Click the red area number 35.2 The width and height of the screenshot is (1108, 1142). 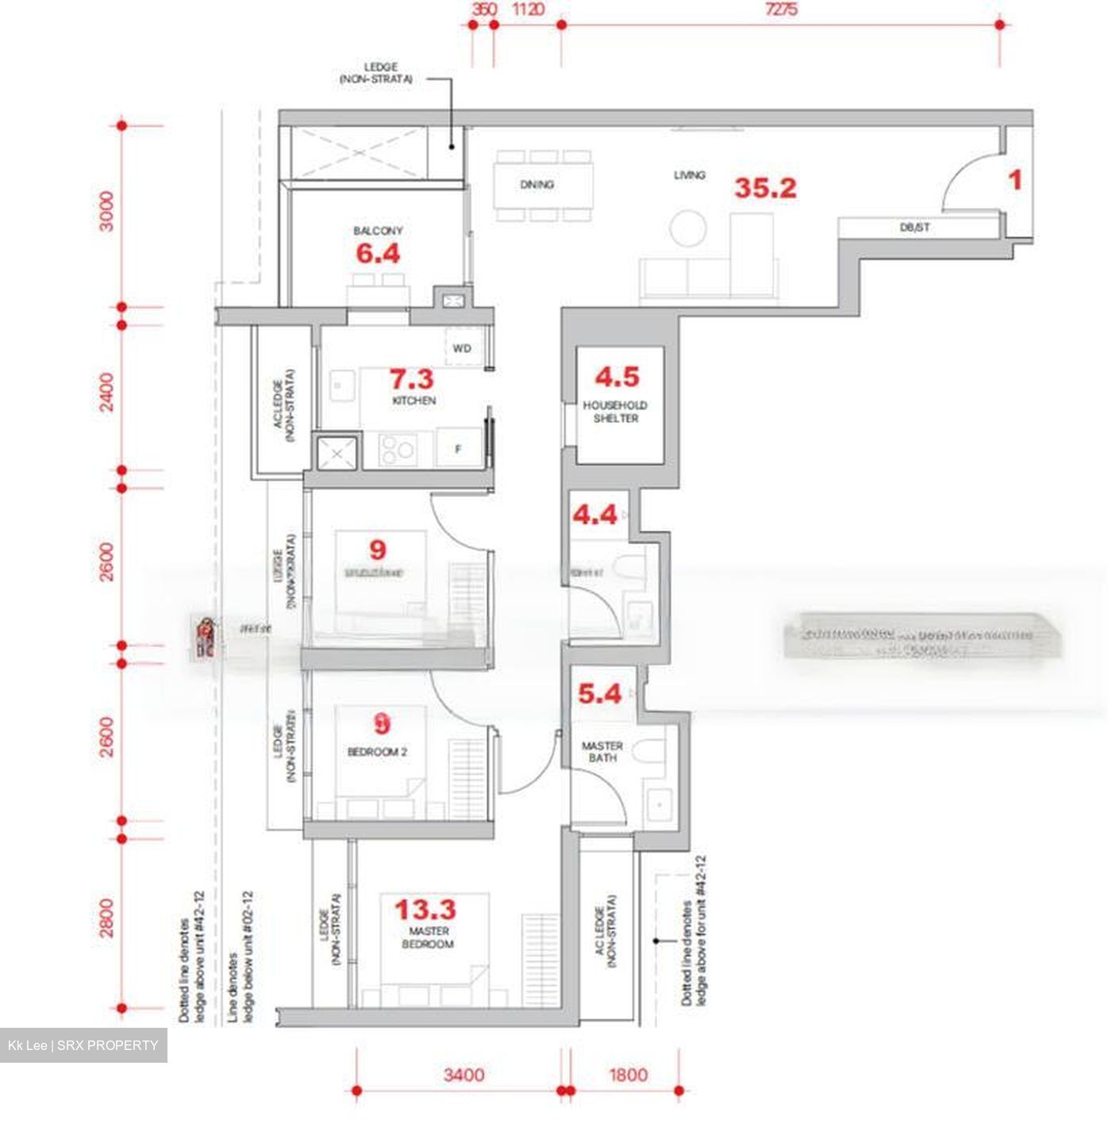tap(764, 188)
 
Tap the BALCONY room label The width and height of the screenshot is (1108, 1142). tap(378, 231)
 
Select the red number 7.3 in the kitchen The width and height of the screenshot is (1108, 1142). tap(410, 378)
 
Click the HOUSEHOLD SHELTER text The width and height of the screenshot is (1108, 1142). tap(615, 412)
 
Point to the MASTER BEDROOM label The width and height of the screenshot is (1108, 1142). tap(427, 937)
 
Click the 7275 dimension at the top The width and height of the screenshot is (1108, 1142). tap(781, 10)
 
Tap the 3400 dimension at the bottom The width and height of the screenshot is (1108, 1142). tap(464, 1075)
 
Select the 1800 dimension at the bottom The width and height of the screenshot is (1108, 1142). tap(628, 1075)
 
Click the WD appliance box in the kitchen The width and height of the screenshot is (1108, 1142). tap(462, 348)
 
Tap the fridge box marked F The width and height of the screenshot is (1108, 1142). tap(459, 449)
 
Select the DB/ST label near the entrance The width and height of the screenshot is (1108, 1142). tap(914, 228)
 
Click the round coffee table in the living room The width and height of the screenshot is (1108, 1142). tap(687, 228)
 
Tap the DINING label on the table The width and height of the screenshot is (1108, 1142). tap(537, 185)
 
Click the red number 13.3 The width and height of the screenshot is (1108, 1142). tap(425, 909)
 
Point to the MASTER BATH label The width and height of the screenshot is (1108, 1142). tap(602, 752)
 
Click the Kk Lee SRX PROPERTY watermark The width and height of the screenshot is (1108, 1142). tap(83, 1045)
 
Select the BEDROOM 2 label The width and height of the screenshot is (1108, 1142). tap(377, 752)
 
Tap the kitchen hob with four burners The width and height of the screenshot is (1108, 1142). tap(396, 450)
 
